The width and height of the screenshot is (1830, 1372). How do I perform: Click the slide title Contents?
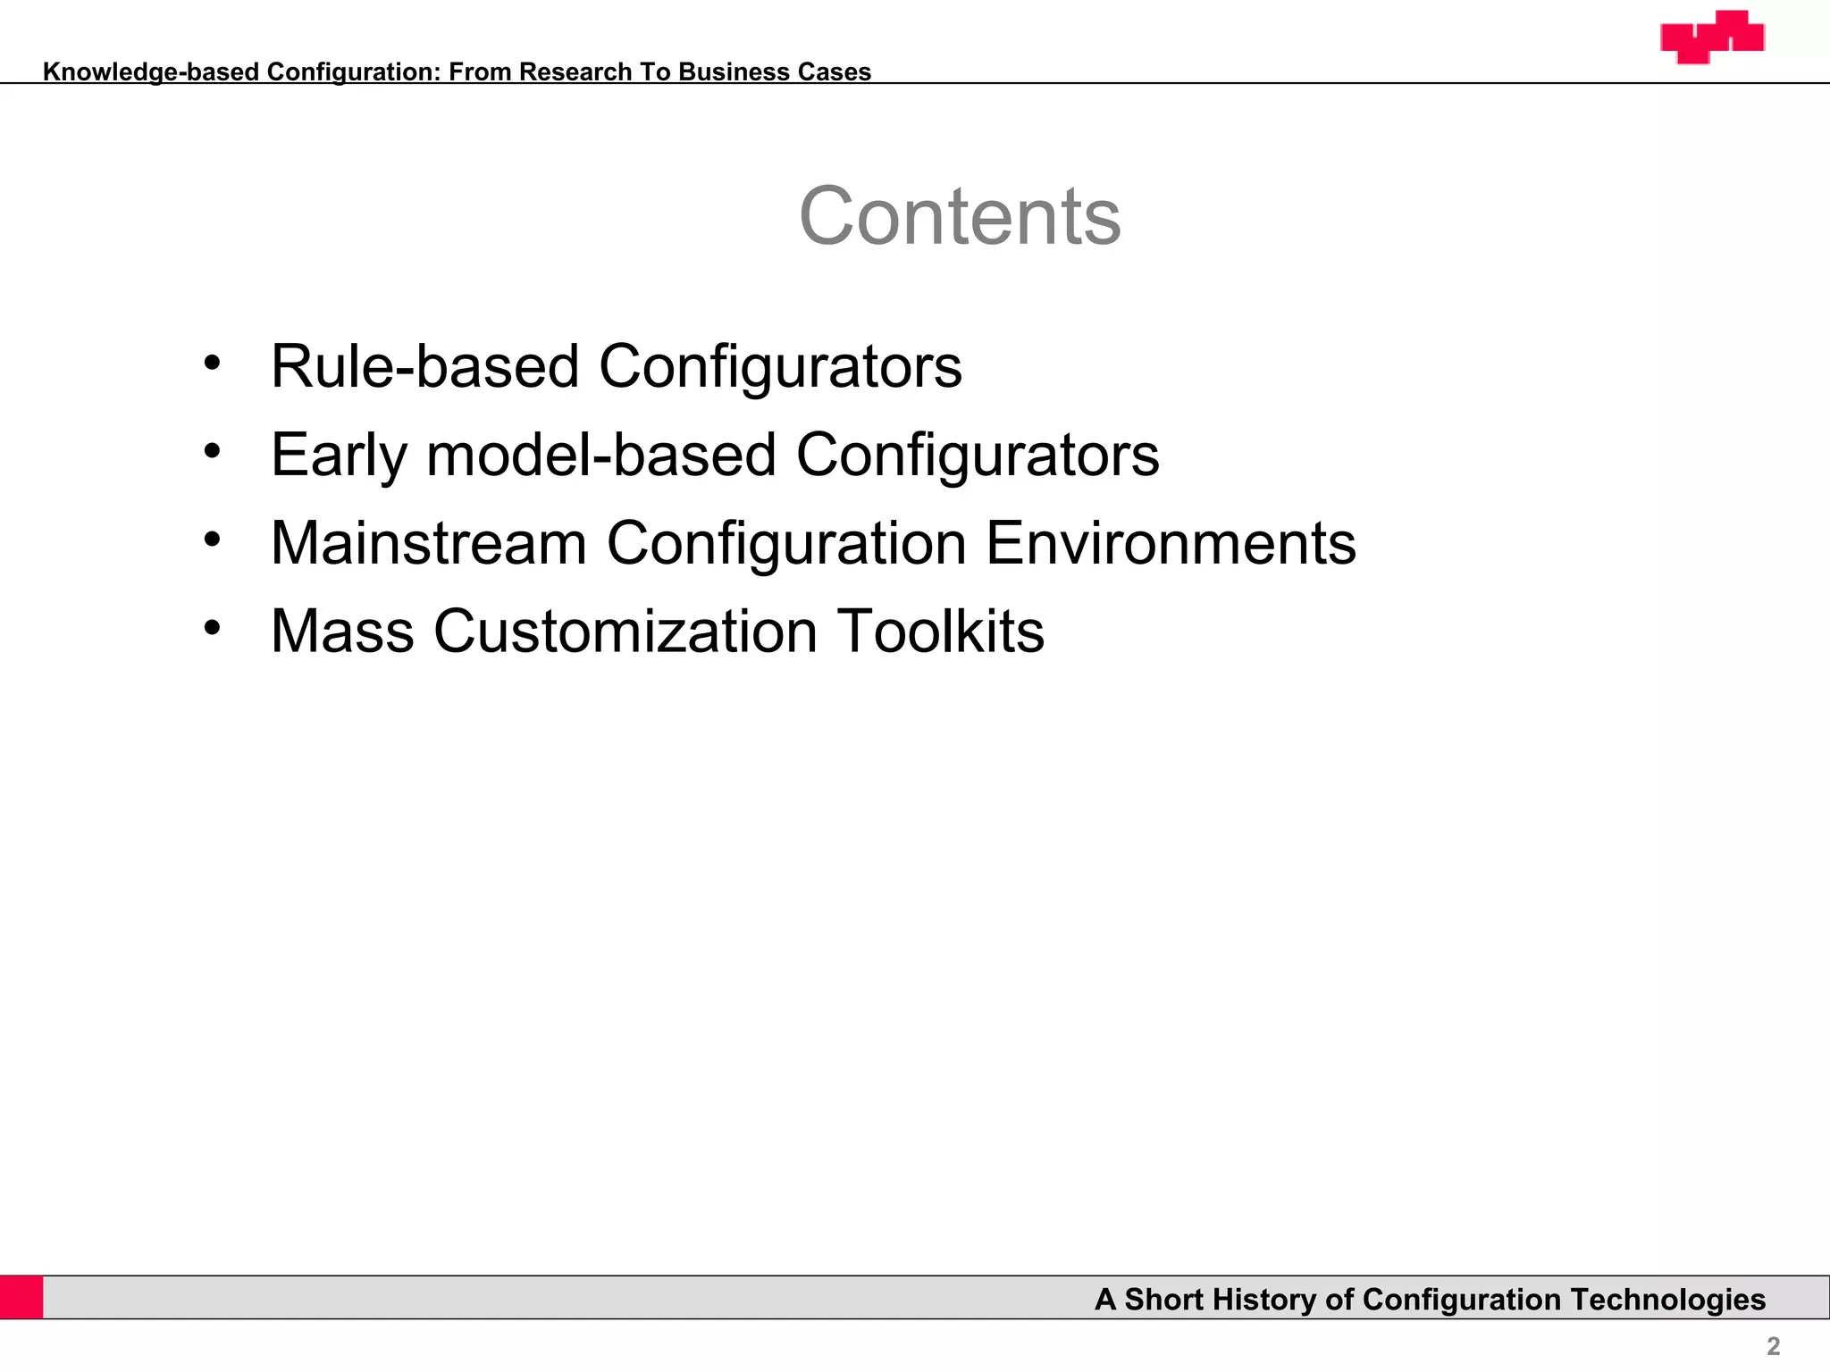[x=960, y=217]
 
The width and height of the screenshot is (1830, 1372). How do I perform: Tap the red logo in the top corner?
[x=1712, y=37]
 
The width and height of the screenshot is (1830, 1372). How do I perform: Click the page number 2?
[x=1774, y=1346]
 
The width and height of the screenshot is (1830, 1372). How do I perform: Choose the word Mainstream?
[x=429, y=543]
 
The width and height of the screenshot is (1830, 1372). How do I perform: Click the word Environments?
[x=1171, y=543]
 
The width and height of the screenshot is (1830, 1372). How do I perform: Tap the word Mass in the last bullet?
[x=342, y=632]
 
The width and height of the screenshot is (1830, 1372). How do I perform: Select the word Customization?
[x=625, y=632]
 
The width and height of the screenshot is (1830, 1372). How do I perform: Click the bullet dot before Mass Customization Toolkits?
[x=212, y=628]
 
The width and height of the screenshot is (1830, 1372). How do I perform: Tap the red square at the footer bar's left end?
[x=21, y=1297]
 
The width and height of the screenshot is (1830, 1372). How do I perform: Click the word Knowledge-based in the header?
[x=151, y=72]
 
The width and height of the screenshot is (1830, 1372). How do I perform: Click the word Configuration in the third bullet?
[x=786, y=543]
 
